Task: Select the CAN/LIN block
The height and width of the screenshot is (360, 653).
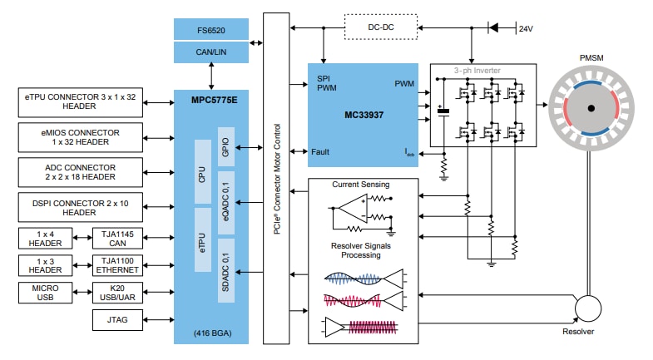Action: (210, 53)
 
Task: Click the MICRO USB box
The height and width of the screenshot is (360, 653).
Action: (45, 293)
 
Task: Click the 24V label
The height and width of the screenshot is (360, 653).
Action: (525, 28)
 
